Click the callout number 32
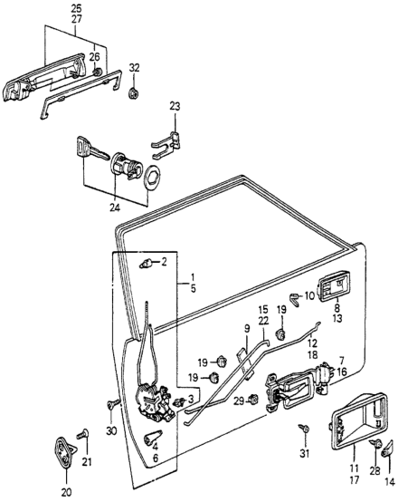(x=135, y=69)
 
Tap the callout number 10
(x=310, y=295)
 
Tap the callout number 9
(x=245, y=327)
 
